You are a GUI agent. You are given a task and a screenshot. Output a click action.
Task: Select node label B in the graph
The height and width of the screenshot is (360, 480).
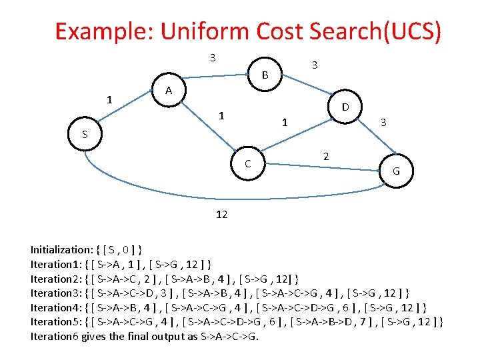265,75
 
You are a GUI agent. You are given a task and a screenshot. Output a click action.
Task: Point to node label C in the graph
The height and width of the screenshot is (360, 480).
247,163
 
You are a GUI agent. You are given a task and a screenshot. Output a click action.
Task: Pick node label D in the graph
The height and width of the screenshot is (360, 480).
346,107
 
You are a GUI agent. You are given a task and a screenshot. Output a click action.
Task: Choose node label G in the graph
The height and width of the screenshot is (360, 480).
395,171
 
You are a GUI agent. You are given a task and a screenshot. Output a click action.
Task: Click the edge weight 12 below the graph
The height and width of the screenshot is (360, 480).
222,214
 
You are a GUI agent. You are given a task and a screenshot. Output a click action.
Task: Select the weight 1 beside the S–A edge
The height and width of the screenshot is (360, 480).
109,101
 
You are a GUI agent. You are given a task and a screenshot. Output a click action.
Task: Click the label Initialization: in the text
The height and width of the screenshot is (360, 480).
62,250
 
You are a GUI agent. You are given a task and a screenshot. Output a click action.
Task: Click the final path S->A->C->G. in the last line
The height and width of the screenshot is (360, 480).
229,336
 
